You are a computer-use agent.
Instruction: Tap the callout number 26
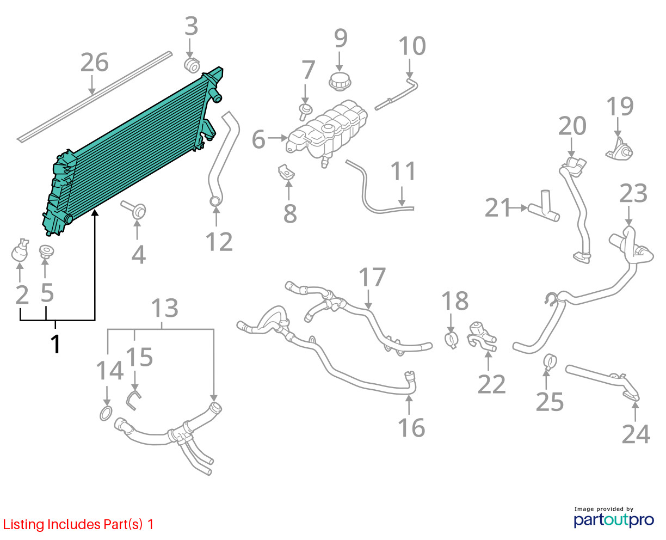tap(95, 63)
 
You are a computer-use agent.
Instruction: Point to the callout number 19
tap(620, 107)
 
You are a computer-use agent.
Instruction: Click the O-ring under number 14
tap(106, 414)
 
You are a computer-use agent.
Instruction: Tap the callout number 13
tap(165, 308)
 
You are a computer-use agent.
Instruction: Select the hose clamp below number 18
tap(452, 341)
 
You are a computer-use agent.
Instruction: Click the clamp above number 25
tap(550, 361)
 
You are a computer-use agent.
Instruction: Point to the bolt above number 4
tap(134, 210)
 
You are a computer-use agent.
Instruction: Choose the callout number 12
tap(219, 242)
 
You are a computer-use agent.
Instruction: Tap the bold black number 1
tap(55, 344)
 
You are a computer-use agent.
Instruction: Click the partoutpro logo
tap(613, 520)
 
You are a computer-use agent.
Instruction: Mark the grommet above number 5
tap(47, 252)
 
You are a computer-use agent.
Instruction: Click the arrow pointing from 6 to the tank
tap(277, 138)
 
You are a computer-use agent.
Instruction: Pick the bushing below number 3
tap(192, 65)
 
